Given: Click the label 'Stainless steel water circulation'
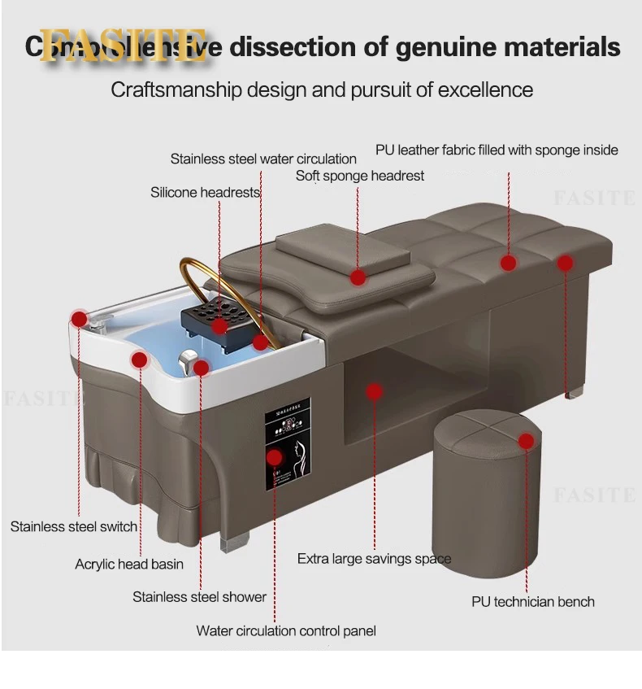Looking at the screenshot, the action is pyautogui.click(x=263, y=159).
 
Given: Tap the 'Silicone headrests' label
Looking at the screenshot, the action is pyautogui.click(x=205, y=193).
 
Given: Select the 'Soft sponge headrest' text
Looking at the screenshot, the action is pyautogui.click(x=359, y=176).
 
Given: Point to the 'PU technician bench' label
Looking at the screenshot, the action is pyautogui.click(x=533, y=602).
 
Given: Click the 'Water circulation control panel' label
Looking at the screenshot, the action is pyautogui.click(x=286, y=630).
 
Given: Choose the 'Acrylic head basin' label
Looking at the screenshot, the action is pyautogui.click(x=129, y=564).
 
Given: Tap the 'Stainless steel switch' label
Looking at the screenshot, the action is pyautogui.click(x=74, y=526).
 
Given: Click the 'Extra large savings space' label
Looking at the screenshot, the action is pyautogui.click(x=374, y=559).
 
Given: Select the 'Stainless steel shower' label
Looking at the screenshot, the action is pyautogui.click(x=199, y=597).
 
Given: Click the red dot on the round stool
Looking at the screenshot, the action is pyautogui.click(x=527, y=441).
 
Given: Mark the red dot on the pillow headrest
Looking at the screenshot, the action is pyautogui.click(x=358, y=277).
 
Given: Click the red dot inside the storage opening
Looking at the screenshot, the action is pyautogui.click(x=374, y=392).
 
